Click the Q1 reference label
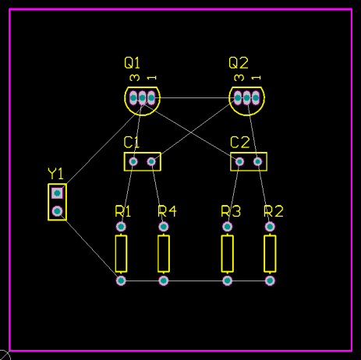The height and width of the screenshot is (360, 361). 132,63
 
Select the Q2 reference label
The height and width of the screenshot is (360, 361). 239,63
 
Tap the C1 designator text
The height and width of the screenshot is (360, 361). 131,142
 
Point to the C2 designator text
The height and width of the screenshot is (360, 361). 240,142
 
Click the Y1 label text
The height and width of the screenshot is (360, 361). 55,174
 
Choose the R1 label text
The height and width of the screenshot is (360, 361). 123,211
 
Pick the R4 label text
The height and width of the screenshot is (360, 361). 167,211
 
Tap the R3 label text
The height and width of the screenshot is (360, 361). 231,211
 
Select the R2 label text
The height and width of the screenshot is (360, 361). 274,211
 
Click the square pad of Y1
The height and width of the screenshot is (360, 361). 57,193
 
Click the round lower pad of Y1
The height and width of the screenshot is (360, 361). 57,211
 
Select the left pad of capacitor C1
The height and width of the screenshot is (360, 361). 133,161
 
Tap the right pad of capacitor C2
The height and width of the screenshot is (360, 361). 257,161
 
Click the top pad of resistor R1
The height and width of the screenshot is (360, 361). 121,227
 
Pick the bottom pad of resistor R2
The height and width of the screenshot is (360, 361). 270,281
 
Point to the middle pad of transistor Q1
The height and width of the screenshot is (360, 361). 142,98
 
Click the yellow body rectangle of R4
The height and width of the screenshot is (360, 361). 164,253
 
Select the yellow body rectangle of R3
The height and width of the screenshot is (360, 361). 228,253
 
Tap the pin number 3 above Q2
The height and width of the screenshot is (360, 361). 239,78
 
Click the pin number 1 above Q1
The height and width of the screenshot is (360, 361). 151,78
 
